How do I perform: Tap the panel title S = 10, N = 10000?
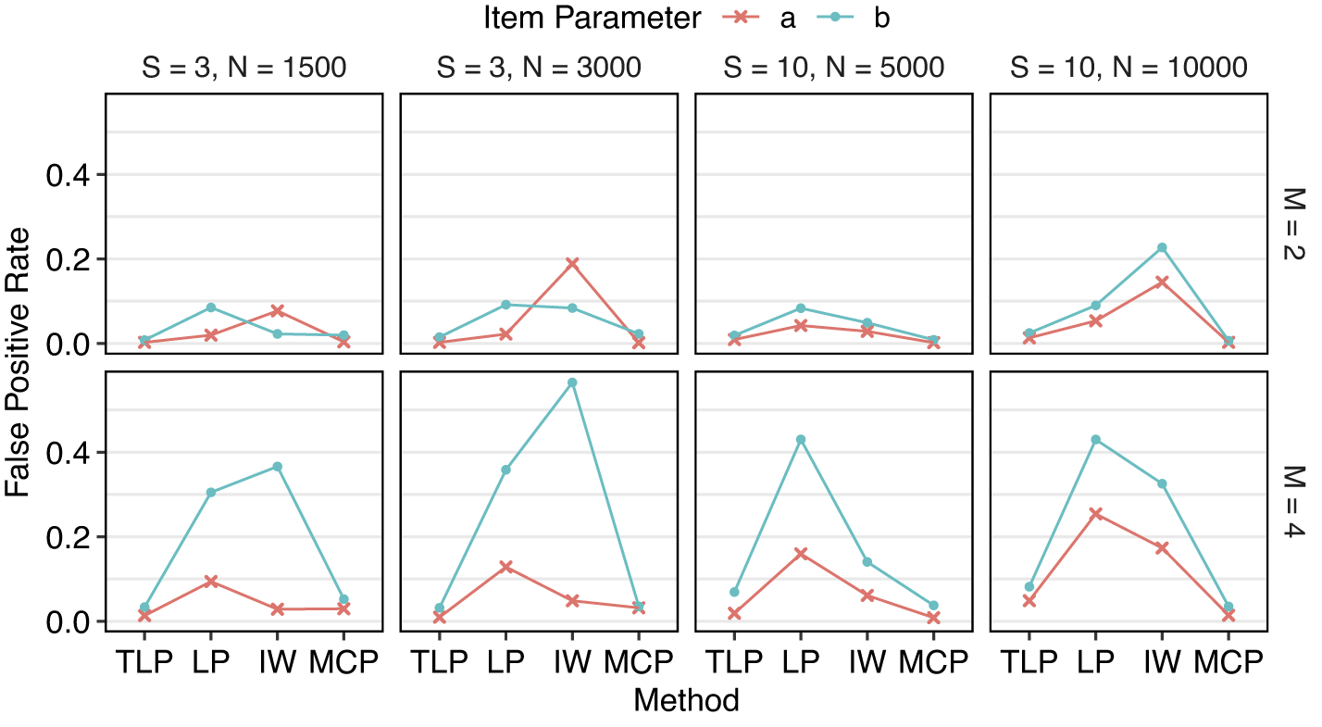coord(1129,69)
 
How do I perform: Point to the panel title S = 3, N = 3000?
coord(538,69)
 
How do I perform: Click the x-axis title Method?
coord(686,701)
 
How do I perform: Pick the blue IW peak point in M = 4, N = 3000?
coord(572,382)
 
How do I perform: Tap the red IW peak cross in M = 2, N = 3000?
coord(572,264)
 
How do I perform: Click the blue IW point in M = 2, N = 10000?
coord(1162,247)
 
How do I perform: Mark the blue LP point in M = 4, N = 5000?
coord(801,439)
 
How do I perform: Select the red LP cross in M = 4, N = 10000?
coord(1095,513)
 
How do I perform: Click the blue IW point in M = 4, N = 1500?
coord(277,467)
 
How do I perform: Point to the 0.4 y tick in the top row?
coord(67,175)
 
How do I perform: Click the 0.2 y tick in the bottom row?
coord(67,537)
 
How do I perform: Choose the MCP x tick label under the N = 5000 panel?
coord(933,663)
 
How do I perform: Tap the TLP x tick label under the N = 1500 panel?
coord(144,663)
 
